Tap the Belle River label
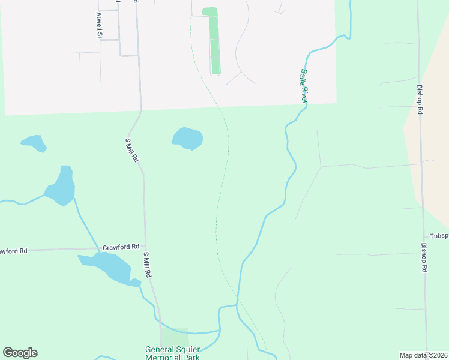(x=304, y=86)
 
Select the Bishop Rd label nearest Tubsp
(x=423, y=258)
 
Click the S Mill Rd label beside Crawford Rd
(x=146, y=264)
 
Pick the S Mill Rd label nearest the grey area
(x=132, y=150)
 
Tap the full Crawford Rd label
(x=121, y=247)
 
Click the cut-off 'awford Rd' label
(x=13, y=251)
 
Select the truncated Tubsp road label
(x=438, y=236)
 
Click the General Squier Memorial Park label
(x=172, y=353)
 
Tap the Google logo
(x=20, y=353)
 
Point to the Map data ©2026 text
(x=423, y=355)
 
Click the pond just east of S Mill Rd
(x=187, y=138)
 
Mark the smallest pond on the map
(x=34, y=143)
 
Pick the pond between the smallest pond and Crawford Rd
(x=61, y=187)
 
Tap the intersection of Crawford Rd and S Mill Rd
(x=145, y=247)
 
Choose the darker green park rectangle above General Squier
(x=175, y=337)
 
